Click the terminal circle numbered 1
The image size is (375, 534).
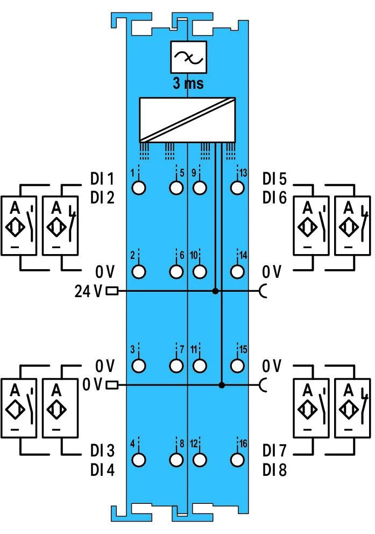tap(139, 188)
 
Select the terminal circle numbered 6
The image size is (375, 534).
tap(176, 271)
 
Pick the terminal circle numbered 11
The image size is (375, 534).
tap(200, 366)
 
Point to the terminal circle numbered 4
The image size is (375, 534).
tap(139, 460)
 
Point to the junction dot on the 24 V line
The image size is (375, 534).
tap(215, 291)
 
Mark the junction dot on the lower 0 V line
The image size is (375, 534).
tap(222, 385)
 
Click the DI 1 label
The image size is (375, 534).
tap(103, 178)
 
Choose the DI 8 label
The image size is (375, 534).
tap(274, 469)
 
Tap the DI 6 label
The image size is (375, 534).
tap(275, 198)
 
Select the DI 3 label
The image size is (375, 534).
tap(103, 450)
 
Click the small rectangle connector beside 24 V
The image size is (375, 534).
tap(112, 291)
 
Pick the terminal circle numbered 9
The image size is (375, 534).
tap(200, 188)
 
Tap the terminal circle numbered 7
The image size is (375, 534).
tap(176, 366)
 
